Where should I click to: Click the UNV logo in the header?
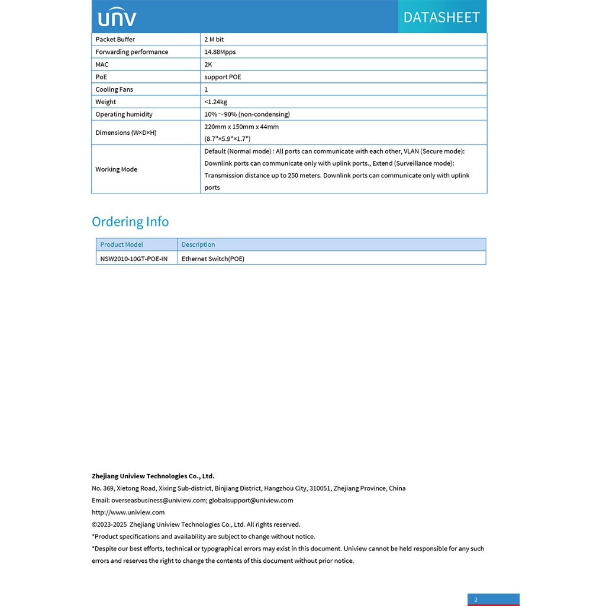click(x=117, y=17)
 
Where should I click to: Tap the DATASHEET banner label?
click(x=441, y=17)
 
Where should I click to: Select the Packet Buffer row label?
click(x=115, y=40)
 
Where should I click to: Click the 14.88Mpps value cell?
click(x=220, y=52)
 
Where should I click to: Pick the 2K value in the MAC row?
click(x=208, y=65)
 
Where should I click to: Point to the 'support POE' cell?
click(x=223, y=77)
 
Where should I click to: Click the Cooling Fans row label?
click(x=114, y=89)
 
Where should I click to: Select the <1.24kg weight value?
click(x=215, y=102)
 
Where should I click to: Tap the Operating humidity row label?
click(x=124, y=114)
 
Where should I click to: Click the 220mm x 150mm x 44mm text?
click(x=241, y=127)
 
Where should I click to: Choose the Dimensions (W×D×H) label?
click(x=126, y=133)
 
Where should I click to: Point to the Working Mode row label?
click(x=116, y=169)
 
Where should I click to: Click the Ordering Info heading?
click(x=130, y=222)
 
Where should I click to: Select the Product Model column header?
click(x=121, y=244)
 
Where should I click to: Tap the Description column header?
click(x=198, y=244)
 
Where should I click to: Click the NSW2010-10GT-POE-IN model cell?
click(x=134, y=259)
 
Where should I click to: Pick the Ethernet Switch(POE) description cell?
click(x=213, y=259)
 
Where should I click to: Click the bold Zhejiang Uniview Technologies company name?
click(x=153, y=476)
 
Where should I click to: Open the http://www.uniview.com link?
click(x=128, y=512)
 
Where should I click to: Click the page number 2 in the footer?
click(x=476, y=599)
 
